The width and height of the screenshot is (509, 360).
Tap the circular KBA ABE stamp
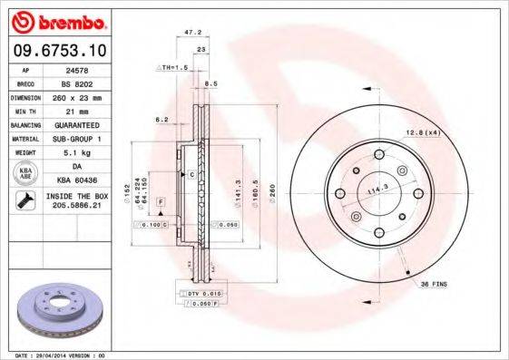24,174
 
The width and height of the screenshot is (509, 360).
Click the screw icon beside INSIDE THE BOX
24,201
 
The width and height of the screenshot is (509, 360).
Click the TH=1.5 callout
174,68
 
